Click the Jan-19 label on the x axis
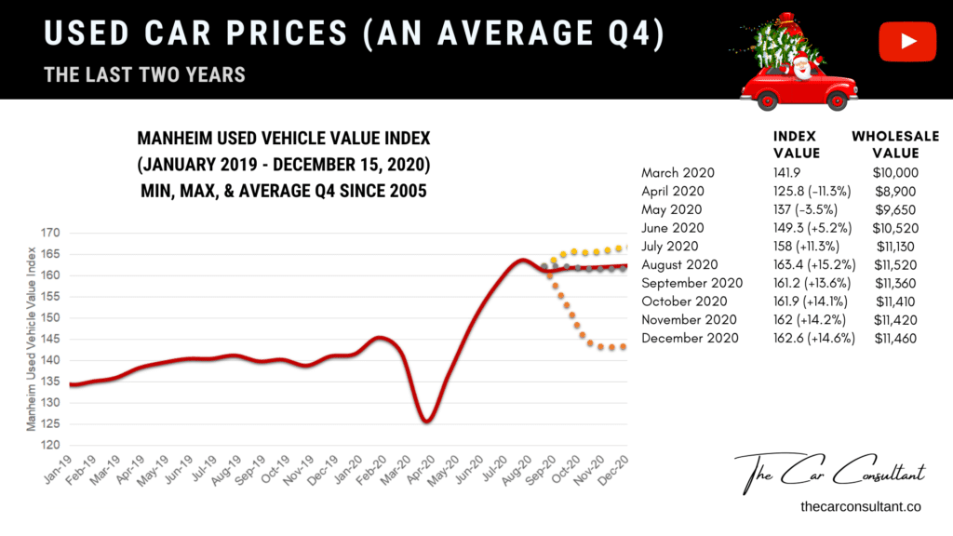[62, 474]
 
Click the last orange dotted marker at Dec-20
[624, 347]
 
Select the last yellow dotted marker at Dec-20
[624, 248]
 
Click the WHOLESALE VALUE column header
[895, 144]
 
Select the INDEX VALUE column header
[797, 144]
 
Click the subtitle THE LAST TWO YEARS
[144, 74]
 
